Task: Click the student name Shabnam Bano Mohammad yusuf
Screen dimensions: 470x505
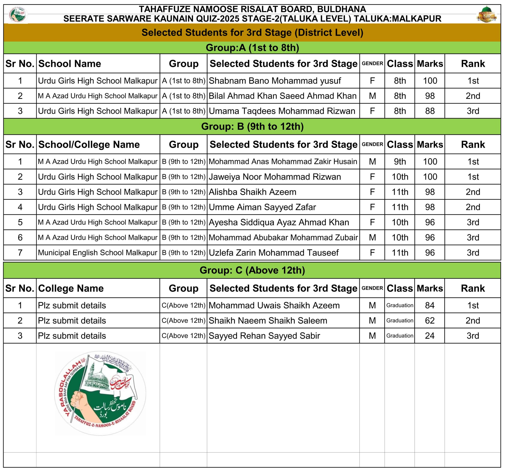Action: [275, 81]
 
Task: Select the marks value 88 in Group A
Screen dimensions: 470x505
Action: [430, 111]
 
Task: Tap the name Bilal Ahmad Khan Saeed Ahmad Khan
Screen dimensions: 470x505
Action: [282, 96]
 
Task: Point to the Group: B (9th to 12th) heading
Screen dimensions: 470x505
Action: [252, 126]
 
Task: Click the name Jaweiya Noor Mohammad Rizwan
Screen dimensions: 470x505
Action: [275, 177]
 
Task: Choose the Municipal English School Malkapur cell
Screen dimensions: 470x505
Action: [97, 252]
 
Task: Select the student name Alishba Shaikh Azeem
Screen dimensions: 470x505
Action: [252, 192]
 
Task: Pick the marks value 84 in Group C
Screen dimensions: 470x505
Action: [430, 305]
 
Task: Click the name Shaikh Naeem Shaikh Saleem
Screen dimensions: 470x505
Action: [268, 320]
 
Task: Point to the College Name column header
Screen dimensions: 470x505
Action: [71, 288]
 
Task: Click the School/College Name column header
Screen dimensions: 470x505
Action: [89, 144]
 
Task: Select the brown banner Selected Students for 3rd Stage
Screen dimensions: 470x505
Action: [252, 33]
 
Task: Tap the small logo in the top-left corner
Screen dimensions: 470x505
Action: [18, 14]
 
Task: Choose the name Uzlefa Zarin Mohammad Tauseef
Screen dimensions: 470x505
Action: [274, 252]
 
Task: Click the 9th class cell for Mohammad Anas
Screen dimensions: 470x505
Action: [400, 161]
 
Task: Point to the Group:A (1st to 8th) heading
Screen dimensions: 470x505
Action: [252, 48]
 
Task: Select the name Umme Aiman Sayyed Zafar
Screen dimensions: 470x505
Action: [262, 207]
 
